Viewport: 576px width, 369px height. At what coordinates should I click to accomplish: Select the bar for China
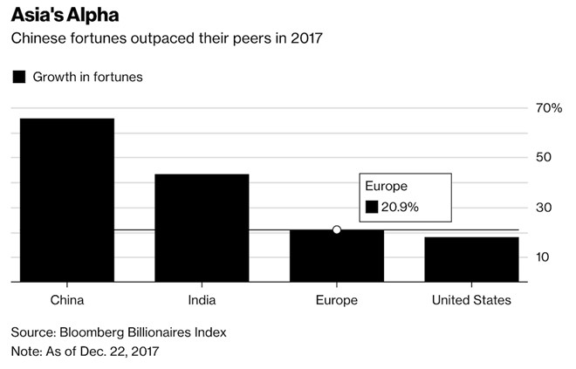point(67,201)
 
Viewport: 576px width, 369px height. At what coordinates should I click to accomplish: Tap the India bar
point(202,228)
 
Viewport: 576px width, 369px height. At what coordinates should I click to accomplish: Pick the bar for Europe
point(336,256)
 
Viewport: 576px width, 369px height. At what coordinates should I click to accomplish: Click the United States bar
point(471,260)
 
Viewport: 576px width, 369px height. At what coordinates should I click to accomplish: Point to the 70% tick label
point(549,108)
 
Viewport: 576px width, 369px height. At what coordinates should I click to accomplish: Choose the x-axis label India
point(202,300)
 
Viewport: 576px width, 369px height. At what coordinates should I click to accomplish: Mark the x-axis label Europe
point(337,300)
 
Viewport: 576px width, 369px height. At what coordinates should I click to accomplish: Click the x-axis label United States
point(471,300)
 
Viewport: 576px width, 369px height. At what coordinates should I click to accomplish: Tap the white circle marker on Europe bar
point(336,229)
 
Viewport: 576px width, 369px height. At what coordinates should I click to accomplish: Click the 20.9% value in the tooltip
point(401,207)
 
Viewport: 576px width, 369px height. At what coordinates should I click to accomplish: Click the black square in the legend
point(18,77)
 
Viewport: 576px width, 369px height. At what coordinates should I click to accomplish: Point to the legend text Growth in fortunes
point(87,77)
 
